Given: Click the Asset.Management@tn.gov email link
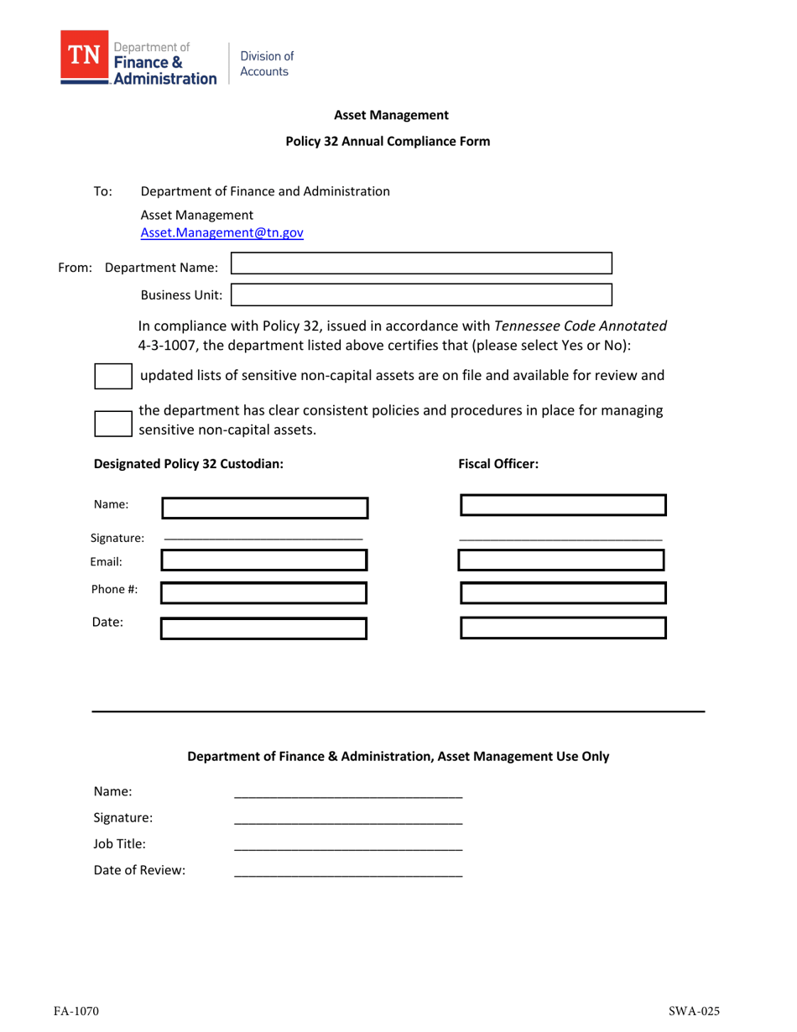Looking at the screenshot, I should [221, 234].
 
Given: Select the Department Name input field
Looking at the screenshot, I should [421, 263].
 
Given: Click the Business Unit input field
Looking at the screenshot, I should [421, 294].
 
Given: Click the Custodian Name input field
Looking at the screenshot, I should [264, 508].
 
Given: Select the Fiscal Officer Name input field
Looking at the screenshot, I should [563, 505].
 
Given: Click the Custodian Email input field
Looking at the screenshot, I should [264, 560].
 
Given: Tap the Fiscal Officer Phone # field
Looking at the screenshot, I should [563, 593].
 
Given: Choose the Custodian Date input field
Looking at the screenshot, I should [264, 628].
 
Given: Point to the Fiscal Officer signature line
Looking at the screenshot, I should [560, 537].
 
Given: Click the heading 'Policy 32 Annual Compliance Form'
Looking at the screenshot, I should [388, 142].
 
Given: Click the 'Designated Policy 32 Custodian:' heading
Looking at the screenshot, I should [189, 463].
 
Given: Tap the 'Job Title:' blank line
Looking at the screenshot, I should [347, 849].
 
